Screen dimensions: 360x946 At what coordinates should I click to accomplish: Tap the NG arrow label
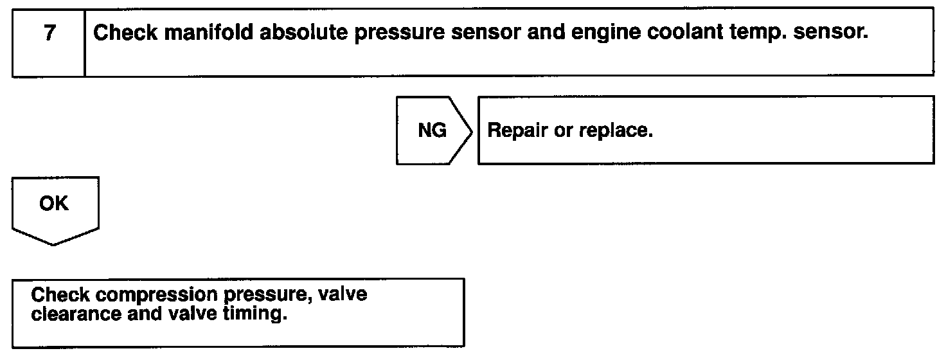pyautogui.click(x=432, y=130)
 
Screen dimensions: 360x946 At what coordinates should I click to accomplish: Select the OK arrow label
pyautogui.click(x=53, y=204)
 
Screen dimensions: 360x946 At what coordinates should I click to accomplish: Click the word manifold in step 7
pyautogui.click(x=199, y=33)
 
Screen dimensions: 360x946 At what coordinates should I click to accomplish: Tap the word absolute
pyautogui.click(x=286, y=33)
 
